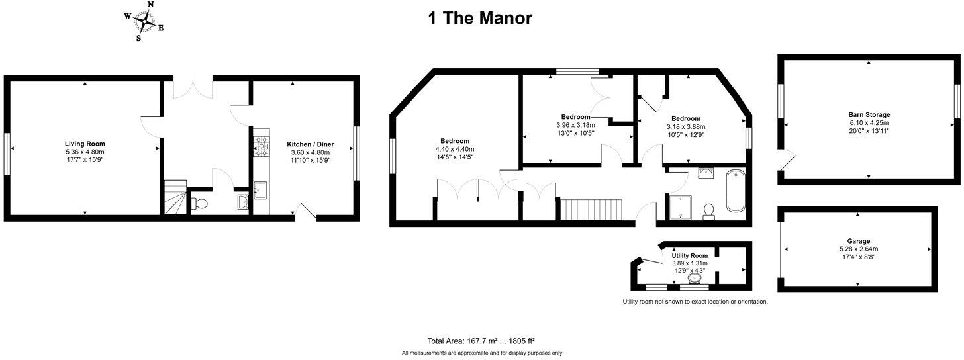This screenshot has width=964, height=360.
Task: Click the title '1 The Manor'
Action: [x=479, y=18]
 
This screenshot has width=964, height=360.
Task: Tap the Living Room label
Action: [x=85, y=144]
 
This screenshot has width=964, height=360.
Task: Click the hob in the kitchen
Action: [x=260, y=146]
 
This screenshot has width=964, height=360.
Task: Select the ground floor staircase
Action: [x=175, y=197]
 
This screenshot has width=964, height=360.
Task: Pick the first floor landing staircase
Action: [x=591, y=209]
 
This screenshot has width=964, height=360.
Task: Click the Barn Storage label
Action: [x=869, y=114]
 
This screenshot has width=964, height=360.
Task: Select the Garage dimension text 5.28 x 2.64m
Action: [x=857, y=249]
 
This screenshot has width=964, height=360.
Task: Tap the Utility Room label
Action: [x=689, y=255]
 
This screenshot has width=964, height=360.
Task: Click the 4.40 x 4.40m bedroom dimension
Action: [x=455, y=149]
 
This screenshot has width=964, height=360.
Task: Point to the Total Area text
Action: [x=481, y=341]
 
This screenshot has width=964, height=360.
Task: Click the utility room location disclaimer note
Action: [x=695, y=302]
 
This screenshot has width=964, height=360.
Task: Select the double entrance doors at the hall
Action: [x=193, y=88]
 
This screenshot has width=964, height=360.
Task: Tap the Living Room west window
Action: [x=7, y=154]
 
